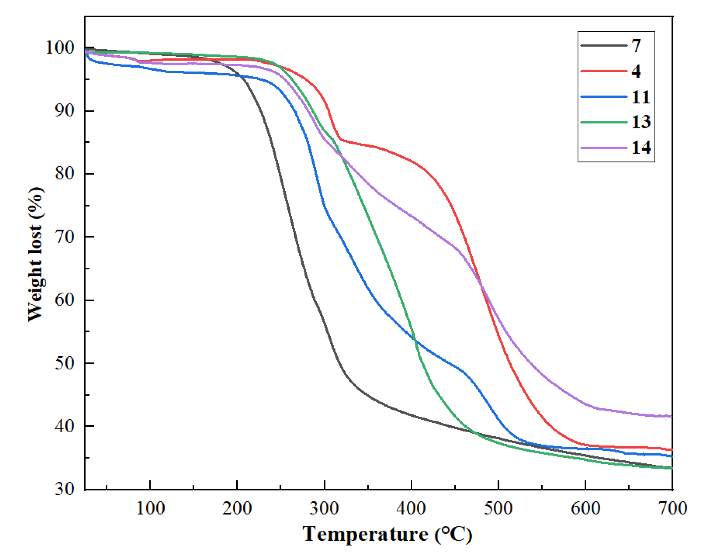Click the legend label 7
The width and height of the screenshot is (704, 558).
click(636, 45)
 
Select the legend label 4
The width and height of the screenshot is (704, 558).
click(636, 71)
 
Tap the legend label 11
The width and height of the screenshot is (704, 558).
click(640, 97)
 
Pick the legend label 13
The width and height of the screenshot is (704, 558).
click(641, 122)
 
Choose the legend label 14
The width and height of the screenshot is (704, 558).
click(641, 147)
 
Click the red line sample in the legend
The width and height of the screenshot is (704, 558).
click(603, 71)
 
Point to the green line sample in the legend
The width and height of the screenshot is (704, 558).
click(603, 122)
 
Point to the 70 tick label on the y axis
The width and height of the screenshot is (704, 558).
click(64, 237)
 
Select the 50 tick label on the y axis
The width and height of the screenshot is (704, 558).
click(64, 363)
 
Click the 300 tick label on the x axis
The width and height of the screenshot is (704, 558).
click(324, 508)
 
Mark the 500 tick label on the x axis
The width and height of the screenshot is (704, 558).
click(498, 508)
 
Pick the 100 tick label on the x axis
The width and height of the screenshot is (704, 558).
click(150, 508)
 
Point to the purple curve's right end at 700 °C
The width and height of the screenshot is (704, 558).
click(672, 416)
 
